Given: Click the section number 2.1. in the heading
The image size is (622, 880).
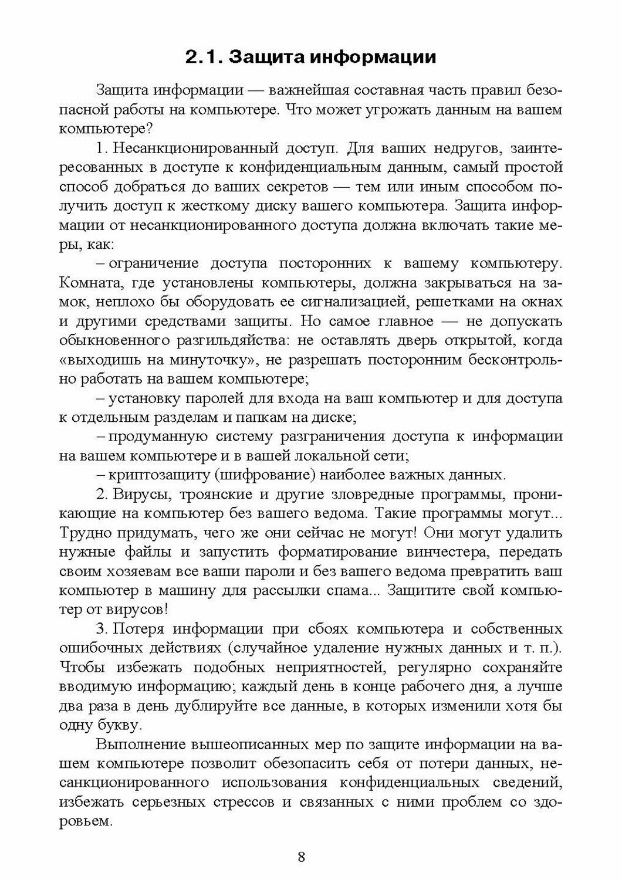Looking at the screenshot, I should pyautogui.click(x=202, y=57).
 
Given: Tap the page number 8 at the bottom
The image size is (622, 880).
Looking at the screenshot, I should pyautogui.click(x=302, y=855).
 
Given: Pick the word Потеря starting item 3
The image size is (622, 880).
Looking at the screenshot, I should pyautogui.click(x=138, y=629).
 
